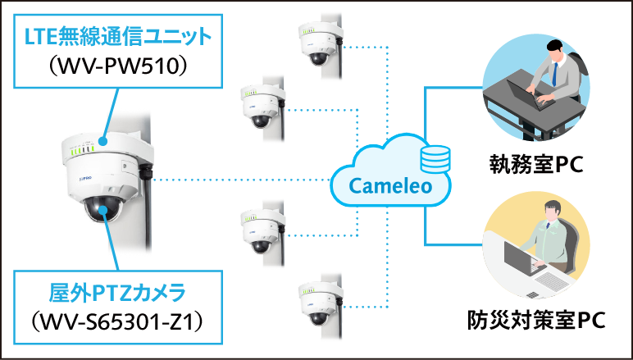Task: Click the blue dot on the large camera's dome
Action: pos(104,211)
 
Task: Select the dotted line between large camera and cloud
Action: pos(246,180)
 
